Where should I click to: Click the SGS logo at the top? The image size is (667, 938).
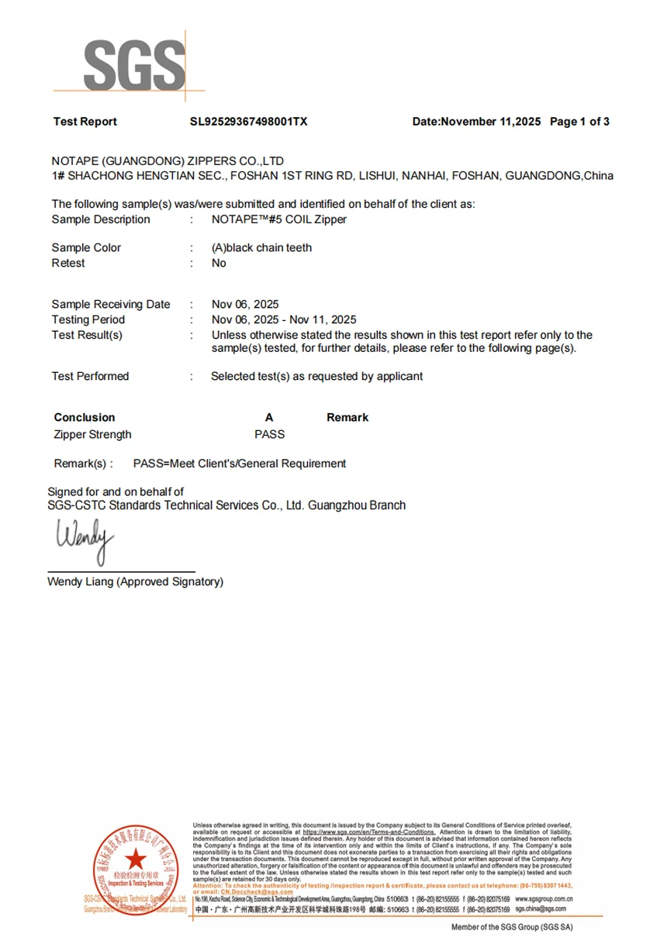coord(133,65)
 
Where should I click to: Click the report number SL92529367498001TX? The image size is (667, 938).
coord(249,122)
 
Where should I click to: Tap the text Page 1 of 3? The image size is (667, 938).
coord(579,122)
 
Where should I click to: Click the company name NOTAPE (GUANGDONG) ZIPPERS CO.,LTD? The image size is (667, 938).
coord(168,160)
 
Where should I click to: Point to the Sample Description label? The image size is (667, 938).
coord(101,219)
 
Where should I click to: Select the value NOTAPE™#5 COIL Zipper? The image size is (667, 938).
coord(278,219)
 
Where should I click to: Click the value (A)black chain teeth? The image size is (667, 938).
coord(262,248)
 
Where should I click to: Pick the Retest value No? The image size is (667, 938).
coord(219,264)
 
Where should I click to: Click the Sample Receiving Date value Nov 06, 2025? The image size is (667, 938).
coord(245,305)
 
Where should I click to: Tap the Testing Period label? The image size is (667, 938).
coord(88,319)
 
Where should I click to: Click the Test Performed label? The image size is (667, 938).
coord(90,376)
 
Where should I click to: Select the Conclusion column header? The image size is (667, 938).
coord(85,417)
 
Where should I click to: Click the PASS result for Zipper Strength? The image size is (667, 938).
coord(269,435)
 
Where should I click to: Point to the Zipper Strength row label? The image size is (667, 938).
coord(93,435)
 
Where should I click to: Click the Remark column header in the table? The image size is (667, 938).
coord(347,417)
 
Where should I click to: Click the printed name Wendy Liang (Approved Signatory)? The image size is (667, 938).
coord(136,581)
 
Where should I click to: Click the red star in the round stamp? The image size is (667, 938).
coord(136,858)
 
